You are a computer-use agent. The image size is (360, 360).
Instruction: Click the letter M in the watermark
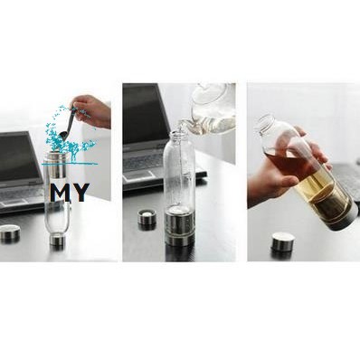click(x=61, y=193)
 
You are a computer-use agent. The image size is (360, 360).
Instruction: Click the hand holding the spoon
click(x=92, y=111)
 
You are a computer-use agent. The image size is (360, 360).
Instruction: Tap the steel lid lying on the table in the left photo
click(x=10, y=232)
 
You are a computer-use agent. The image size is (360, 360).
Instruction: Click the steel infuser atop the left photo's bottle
click(x=56, y=166)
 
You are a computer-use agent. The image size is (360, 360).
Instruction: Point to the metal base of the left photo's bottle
click(x=57, y=240)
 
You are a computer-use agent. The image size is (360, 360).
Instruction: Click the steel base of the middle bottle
click(x=179, y=229)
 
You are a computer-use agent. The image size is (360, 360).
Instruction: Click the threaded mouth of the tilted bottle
click(x=264, y=123)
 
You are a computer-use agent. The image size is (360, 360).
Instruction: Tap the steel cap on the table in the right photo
click(x=283, y=242)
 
